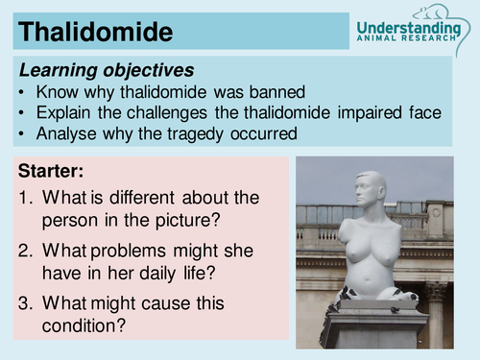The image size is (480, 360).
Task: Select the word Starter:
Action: tap(50, 174)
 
